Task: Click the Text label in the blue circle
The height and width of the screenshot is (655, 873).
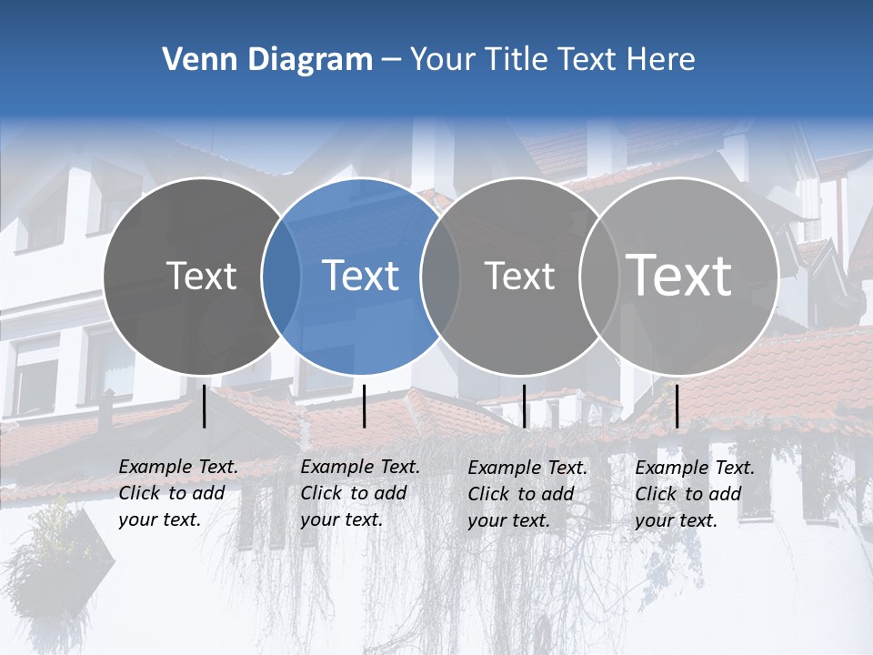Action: (361, 276)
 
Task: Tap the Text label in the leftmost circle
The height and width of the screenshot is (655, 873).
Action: (202, 276)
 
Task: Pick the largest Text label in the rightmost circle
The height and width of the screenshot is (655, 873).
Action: (679, 275)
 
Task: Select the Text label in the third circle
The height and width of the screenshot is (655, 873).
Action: (520, 277)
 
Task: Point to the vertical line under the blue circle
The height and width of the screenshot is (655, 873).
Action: (364, 406)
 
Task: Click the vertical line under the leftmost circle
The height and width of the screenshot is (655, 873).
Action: (205, 406)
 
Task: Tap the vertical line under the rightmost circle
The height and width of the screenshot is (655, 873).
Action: (677, 406)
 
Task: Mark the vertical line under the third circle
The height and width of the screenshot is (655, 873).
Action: (525, 406)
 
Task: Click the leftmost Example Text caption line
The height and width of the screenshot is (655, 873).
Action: (178, 467)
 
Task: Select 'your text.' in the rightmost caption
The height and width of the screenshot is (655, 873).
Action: (676, 520)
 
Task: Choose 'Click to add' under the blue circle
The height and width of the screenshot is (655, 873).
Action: (354, 493)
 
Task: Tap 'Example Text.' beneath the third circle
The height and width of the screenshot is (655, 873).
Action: (527, 468)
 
